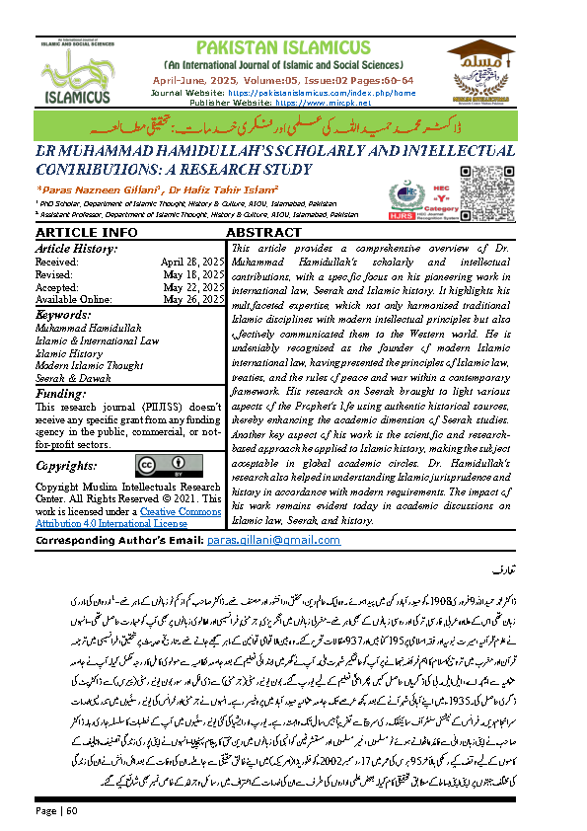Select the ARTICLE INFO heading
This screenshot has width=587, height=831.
tap(73, 232)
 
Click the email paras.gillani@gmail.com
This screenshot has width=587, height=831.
tap(258, 542)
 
